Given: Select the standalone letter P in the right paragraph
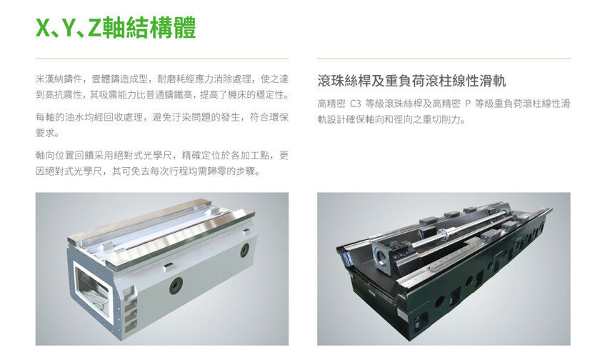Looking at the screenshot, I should pos(469,104).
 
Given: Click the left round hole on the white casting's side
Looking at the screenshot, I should pos(173,284).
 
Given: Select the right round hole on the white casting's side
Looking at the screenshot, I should pos(244,249).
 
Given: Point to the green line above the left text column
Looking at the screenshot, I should pos(161,59).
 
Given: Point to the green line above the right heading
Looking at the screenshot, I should pos(443,59).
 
